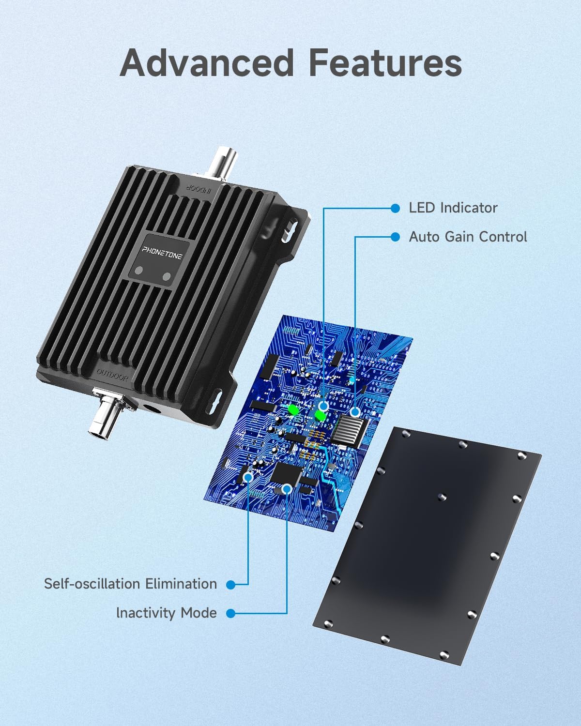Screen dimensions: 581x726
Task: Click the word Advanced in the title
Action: coord(207,63)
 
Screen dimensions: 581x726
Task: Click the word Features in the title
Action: coord(385,63)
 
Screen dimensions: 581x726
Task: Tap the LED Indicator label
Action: coord(453,208)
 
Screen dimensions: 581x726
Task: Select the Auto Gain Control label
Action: coord(468,237)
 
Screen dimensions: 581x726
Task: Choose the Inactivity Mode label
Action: coord(167,613)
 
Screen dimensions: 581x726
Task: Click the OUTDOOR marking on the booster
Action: coord(112,375)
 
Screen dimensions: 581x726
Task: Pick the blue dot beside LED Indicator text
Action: coord(395,208)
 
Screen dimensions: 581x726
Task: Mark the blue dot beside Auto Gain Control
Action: coord(395,237)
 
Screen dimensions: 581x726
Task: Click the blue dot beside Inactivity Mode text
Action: coord(231,613)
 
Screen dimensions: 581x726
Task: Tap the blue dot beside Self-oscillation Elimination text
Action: coord(231,585)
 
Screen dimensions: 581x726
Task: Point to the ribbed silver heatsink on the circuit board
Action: coord(349,431)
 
